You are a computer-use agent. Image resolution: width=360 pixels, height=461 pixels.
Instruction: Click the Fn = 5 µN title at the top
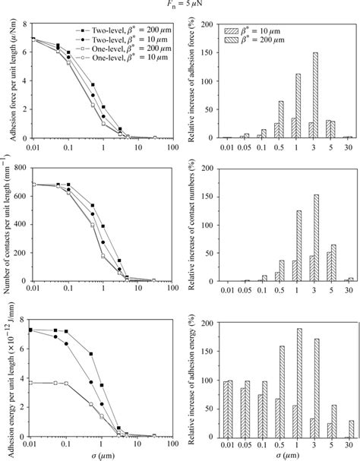[x=181, y=5]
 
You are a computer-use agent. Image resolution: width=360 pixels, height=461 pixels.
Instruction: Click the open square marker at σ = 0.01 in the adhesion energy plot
[x=31, y=383]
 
